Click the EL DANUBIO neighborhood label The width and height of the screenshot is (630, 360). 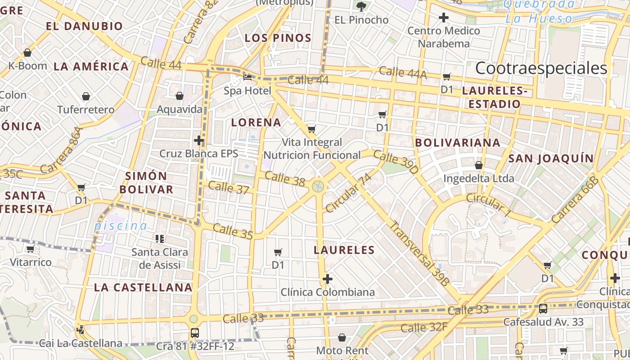tap(84, 26)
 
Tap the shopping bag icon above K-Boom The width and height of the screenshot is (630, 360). tap(27, 53)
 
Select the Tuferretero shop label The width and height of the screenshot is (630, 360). tap(86, 109)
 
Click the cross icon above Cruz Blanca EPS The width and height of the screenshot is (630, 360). tap(199, 140)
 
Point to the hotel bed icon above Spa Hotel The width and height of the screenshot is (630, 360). tap(247, 77)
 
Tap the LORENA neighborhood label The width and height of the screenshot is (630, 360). tap(256, 122)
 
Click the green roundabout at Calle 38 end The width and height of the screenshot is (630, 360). tap(318, 185)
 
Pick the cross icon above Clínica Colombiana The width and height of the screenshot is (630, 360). tap(328, 279)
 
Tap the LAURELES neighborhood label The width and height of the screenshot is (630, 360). tap(344, 250)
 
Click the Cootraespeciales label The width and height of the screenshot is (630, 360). tap(541, 68)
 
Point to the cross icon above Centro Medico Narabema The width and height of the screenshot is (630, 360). tap(444, 18)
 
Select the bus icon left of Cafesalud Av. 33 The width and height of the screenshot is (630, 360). tap(543, 309)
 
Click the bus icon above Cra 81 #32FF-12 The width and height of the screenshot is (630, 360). tap(194, 333)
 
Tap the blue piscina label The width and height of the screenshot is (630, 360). tap(120, 226)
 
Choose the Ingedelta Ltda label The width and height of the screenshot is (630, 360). tap(478, 179)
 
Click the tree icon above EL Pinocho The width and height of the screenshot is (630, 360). tap(361, 6)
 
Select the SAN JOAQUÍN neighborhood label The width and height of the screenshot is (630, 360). tap(551, 158)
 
